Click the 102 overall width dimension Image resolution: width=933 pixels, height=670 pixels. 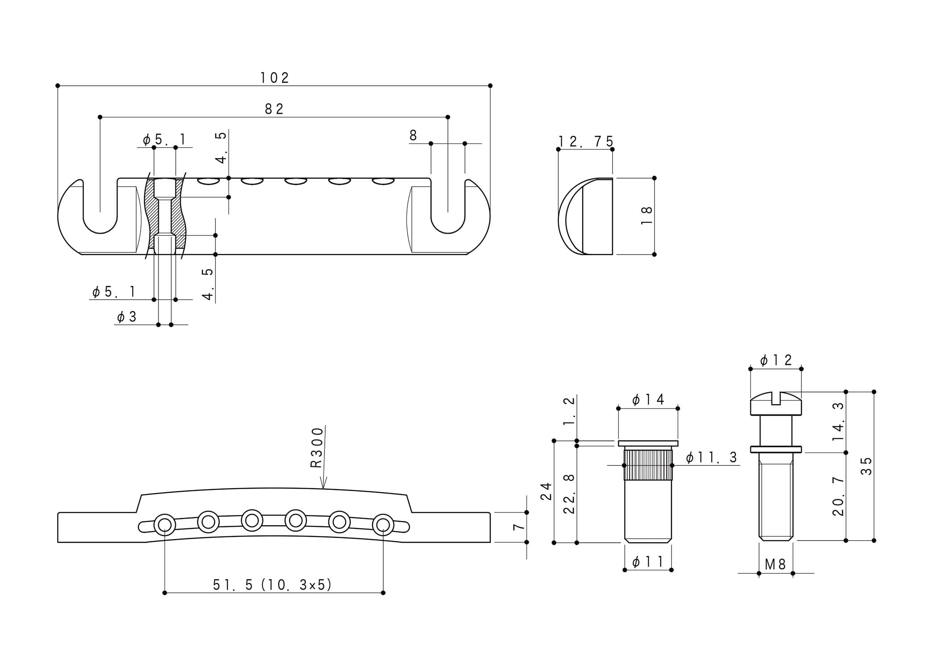(275, 78)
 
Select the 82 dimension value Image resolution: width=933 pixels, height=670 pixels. (274, 109)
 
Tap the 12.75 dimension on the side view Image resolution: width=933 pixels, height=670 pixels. (586, 142)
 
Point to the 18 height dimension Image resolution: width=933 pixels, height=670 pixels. (647, 216)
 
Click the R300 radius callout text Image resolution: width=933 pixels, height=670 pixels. (316, 448)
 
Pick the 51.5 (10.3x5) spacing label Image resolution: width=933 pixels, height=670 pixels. (273, 585)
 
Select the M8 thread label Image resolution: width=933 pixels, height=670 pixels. (775, 565)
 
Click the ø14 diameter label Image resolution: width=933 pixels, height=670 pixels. (648, 399)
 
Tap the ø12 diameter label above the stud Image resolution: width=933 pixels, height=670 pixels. (776, 360)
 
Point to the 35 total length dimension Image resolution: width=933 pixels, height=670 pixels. (866, 466)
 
